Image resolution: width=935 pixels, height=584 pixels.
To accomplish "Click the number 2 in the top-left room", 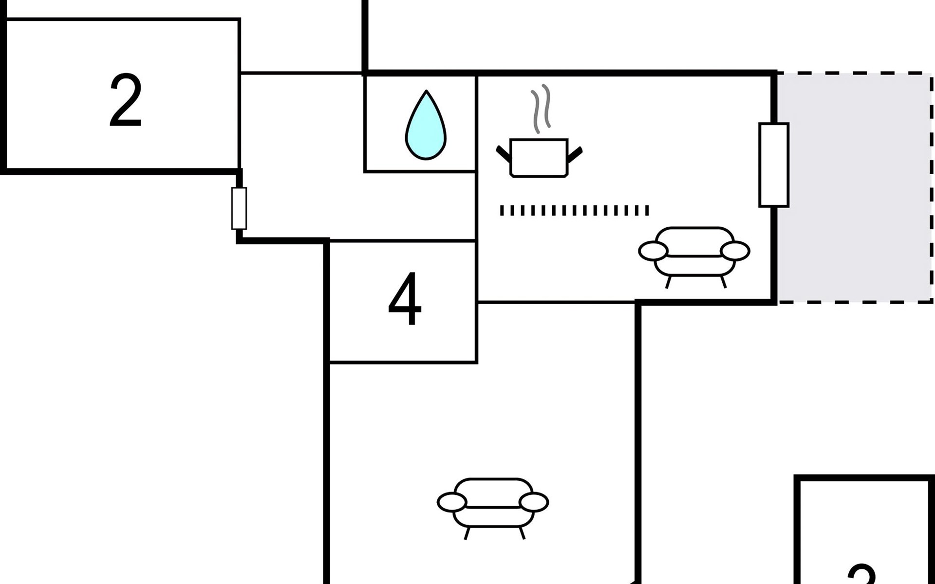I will (126, 101).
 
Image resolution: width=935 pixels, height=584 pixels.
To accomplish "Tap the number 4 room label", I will (405, 299).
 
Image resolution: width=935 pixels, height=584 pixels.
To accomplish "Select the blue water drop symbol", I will (426, 128).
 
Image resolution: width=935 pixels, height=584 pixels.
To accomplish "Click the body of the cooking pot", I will (539, 158).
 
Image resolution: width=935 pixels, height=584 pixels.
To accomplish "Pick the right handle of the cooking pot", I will (575, 154).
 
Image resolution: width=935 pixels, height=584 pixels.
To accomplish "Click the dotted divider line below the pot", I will (574, 210).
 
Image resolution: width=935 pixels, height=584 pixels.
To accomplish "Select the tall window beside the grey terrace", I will (773, 165).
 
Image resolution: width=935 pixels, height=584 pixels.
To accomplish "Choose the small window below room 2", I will (239, 208).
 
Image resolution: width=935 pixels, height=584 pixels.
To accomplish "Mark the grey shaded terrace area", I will (855, 187).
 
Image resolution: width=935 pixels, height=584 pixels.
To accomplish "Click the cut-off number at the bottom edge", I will (862, 574).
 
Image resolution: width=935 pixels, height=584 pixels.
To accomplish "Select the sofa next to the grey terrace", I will (694, 253).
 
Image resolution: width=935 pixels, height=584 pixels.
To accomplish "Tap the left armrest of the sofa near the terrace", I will (653, 251).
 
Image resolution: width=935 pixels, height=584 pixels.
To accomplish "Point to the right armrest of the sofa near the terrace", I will (735, 251).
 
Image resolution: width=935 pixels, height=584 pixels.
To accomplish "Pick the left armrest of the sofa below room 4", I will (452, 502).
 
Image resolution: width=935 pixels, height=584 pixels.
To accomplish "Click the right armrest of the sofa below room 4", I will (534, 502).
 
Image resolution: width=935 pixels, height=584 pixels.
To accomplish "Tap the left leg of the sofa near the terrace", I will (668, 282).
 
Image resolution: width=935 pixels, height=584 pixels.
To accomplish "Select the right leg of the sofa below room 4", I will (522, 533).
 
